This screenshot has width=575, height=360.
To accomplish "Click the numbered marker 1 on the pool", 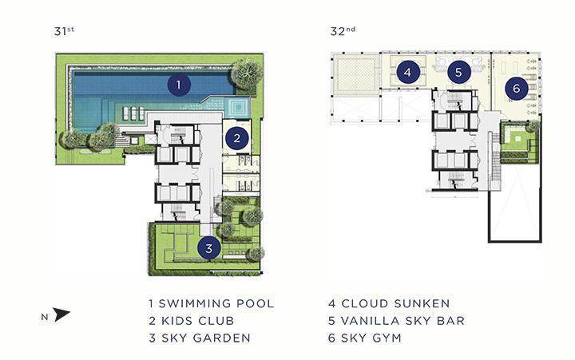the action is pos(179,85).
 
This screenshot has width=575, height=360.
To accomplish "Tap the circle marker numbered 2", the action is pos(237,138).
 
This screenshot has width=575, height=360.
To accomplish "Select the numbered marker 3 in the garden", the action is pos(208,248).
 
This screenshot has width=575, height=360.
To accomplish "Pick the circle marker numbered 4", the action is pos(407,72).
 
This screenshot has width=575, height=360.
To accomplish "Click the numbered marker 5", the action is pos(458,72).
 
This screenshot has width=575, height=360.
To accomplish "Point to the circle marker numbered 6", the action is pos(517,88).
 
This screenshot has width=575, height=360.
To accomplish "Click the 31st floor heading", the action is pos(64,31).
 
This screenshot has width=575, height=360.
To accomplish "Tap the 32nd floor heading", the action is pos(343,31).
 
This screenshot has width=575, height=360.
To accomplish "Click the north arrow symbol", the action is pos(61,315).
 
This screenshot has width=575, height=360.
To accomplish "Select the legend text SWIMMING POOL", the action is pos(216,303).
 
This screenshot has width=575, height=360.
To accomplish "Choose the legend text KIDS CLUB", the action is pos(198,321).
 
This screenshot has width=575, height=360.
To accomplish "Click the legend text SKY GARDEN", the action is pos(206,338).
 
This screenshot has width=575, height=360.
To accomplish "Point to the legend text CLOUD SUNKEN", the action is pos(395,303).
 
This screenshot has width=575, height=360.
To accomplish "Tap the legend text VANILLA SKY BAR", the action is pos(402,321).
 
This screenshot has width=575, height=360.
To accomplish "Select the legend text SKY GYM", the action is pos(371,338).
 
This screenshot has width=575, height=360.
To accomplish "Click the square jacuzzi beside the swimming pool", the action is pos(238,107).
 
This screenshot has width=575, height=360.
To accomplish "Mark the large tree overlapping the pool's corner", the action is pos(247,73).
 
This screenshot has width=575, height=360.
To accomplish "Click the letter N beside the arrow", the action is pos(45,318).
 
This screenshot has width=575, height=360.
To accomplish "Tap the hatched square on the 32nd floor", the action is pos(356,73).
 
